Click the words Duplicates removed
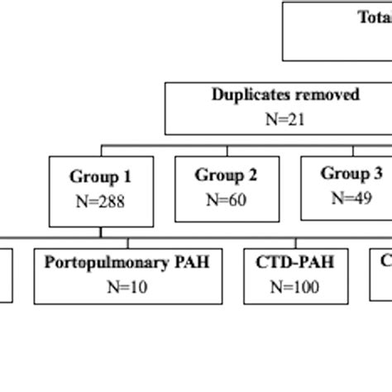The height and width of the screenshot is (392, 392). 286,94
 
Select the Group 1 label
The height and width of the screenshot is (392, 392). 100,176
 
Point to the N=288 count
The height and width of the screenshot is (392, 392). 100,201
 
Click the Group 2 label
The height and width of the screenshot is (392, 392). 219,174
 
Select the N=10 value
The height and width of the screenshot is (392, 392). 127,287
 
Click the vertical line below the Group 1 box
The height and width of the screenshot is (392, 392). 101,237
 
